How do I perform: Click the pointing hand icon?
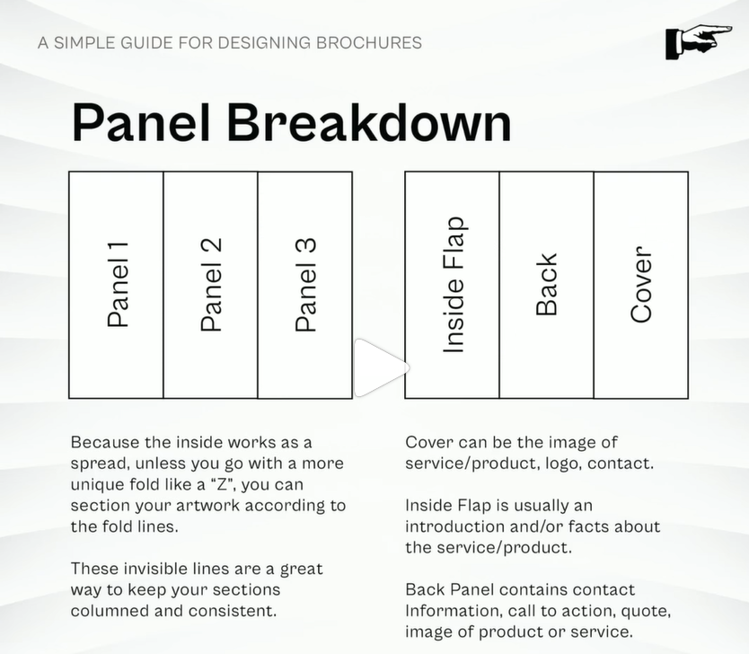click(x=699, y=42)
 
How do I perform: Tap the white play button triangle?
click(x=382, y=367)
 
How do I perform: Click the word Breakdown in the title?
click(x=369, y=122)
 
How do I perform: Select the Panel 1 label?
click(x=118, y=285)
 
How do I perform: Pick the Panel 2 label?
click(x=211, y=285)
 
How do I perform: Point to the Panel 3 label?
click(x=305, y=285)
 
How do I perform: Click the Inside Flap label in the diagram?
click(x=454, y=285)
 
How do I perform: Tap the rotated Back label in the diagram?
click(x=547, y=285)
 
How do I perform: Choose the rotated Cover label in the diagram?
click(x=641, y=285)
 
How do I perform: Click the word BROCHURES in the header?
click(x=369, y=43)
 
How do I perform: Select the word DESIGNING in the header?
click(x=264, y=43)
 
